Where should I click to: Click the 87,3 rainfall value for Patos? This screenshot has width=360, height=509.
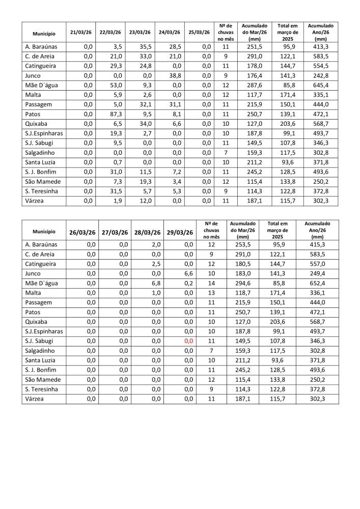pyautogui.click(x=114, y=114)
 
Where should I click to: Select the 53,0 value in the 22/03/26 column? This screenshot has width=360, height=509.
pyautogui.click(x=114, y=85)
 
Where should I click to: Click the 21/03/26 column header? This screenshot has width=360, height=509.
pyautogui.click(x=81, y=32)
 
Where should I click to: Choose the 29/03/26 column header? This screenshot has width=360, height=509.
pyautogui.click(x=180, y=233)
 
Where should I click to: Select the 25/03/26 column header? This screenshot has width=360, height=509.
pyautogui.click(x=199, y=32)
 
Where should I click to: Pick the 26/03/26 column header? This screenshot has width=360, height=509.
pyautogui.click(x=82, y=233)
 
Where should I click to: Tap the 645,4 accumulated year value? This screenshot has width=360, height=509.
pyautogui.click(x=321, y=85)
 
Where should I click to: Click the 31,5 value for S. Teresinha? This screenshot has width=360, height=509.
pyautogui.click(x=114, y=191)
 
